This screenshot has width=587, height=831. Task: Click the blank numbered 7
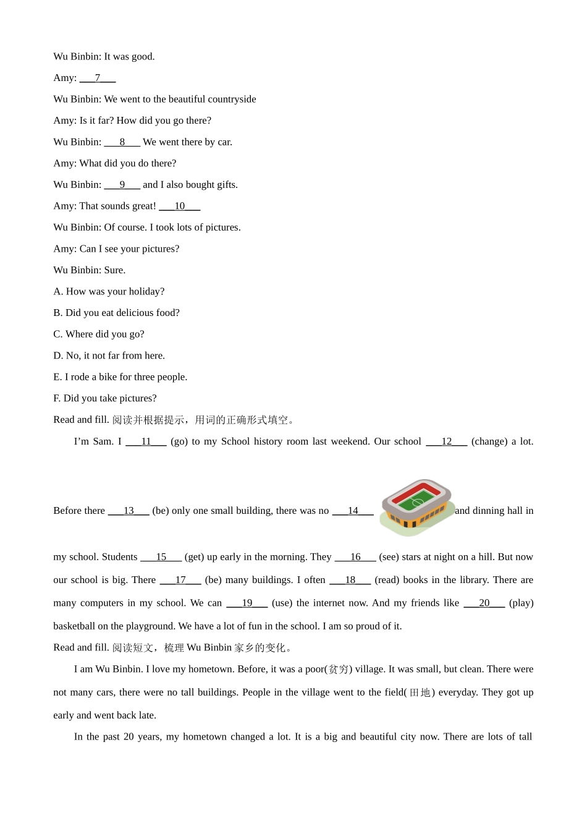coord(98,78)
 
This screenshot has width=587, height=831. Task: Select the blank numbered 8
coord(122,142)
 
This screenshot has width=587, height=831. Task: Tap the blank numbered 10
coord(179,206)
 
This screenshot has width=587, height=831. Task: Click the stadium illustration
coord(417,506)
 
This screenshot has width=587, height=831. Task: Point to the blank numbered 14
coord(353,511)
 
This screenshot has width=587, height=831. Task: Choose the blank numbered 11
coord(146,441)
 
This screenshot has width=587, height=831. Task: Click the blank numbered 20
coord(484,603)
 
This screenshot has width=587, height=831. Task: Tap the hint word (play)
coord(521,603)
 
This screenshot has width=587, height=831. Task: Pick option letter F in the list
coord(57,398)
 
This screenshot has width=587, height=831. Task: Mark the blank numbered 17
coord(180,580)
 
